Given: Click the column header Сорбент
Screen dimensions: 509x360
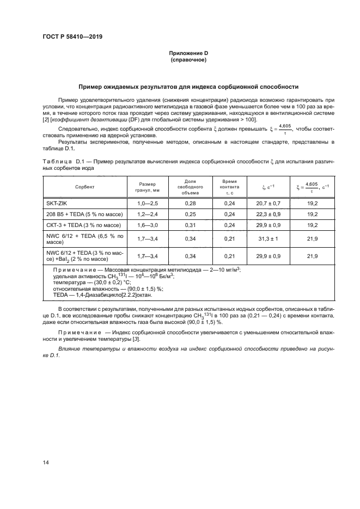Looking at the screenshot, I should [x=85, y=186].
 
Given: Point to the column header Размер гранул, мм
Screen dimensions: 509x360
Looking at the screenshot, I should [x=148, y=186].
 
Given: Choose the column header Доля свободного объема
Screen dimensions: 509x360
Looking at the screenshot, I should [x=191, y=186].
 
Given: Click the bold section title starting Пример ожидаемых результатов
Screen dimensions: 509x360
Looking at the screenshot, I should [x=188, y=87].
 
